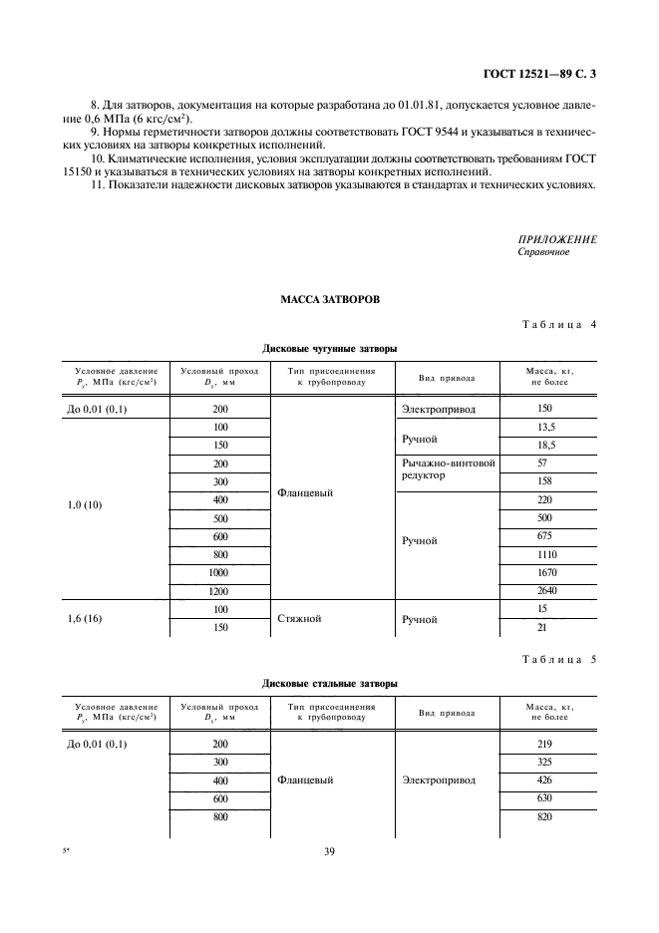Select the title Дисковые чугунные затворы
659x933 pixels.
[x=329, y=350]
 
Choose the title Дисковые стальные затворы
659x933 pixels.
[x=329, y=684]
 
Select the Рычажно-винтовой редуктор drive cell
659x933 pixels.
[x=448, y=469]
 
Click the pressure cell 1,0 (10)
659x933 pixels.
[x=87, y=504]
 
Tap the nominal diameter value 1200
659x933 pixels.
[x=220, y=591]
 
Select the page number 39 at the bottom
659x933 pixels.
[x=329, y=851]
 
